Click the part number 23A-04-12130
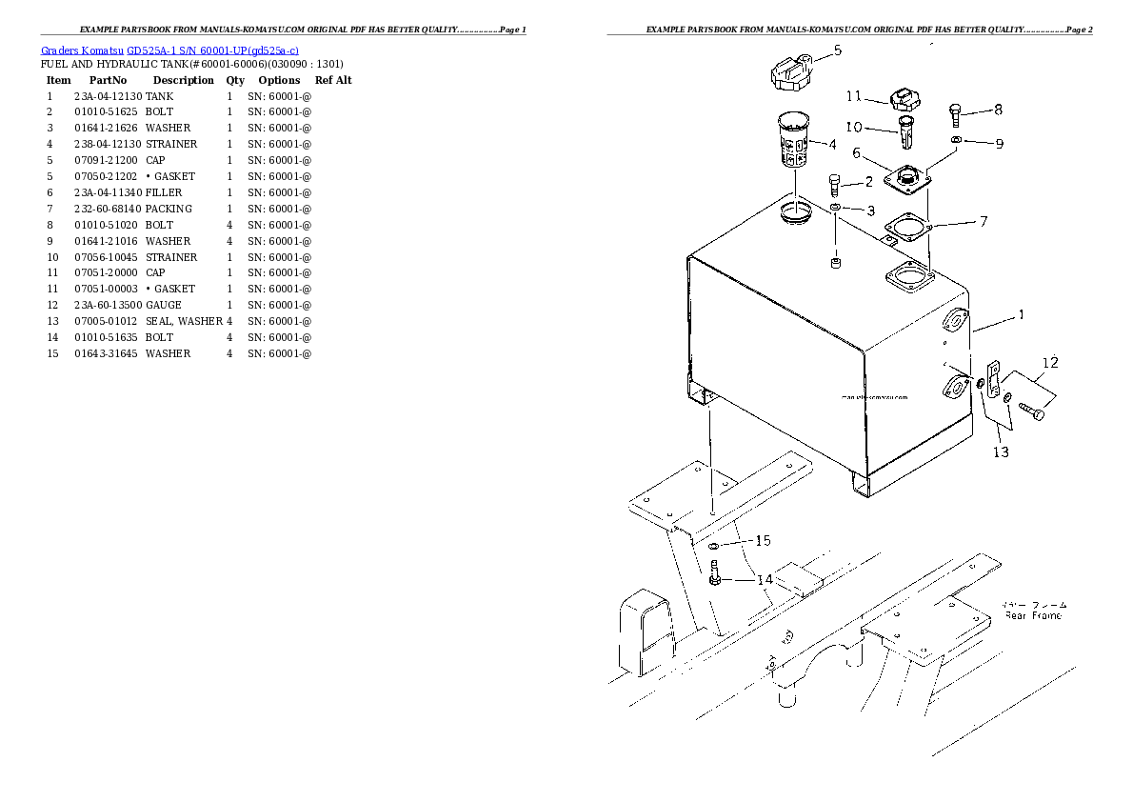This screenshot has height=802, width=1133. [x=108, y=96]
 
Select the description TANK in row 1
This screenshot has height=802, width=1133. [x=159, y=96]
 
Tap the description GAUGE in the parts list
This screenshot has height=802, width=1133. [x=163, y=305]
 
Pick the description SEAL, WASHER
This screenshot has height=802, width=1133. [x=184, y=321]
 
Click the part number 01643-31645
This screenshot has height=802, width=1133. [x=106, y=353]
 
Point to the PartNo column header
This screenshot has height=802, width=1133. [x=102, y=80]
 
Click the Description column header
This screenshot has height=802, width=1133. [x=183, y=80]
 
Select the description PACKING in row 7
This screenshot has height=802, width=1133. [x=169, y=209]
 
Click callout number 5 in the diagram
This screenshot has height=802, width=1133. [x=837, y=50]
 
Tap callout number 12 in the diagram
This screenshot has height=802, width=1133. [x=1049, y=363]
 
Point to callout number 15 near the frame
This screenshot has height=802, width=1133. [x=762, y=541]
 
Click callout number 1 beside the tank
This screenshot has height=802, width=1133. [x=1021, y=315]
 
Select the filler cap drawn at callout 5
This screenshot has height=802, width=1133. [x=791, y=72]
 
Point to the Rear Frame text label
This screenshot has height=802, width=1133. [x=1035, y=615]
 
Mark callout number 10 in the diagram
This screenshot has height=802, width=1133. [x=853, y=128]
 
